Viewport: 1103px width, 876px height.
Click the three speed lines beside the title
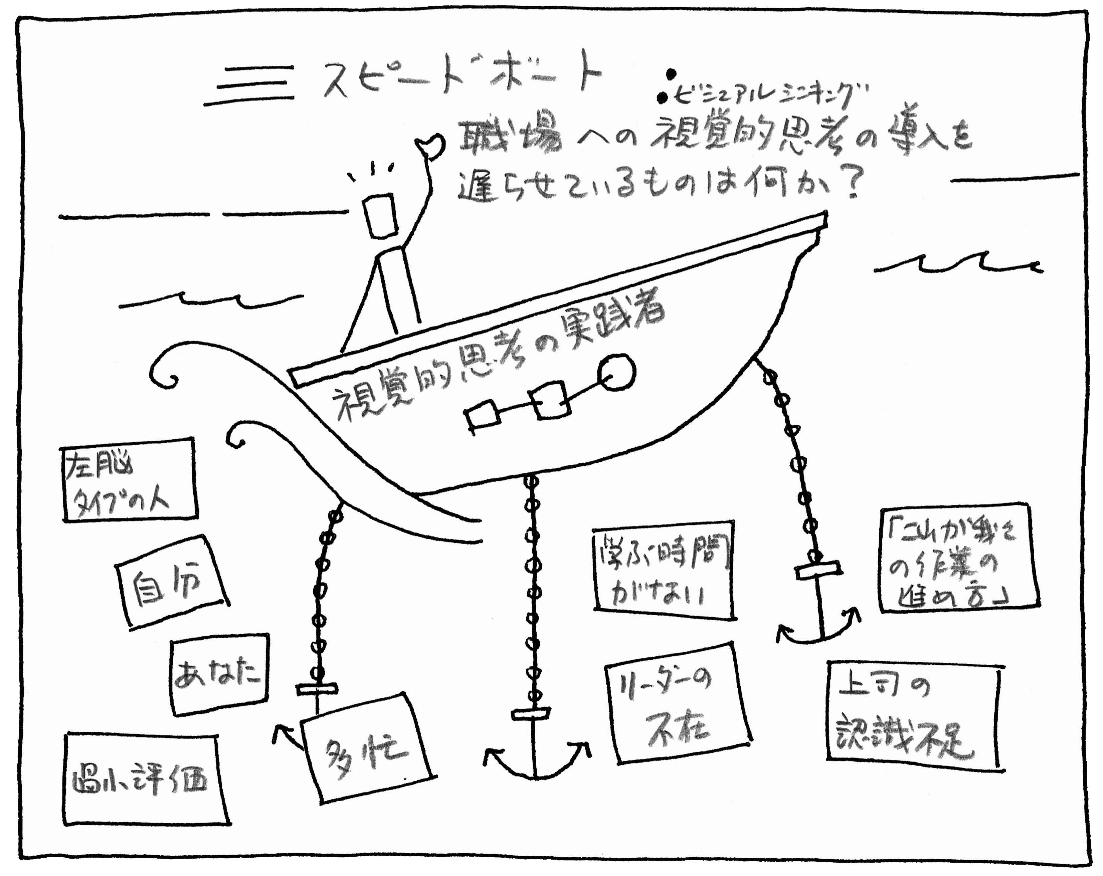pyautogui.click(x=251, y=84)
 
